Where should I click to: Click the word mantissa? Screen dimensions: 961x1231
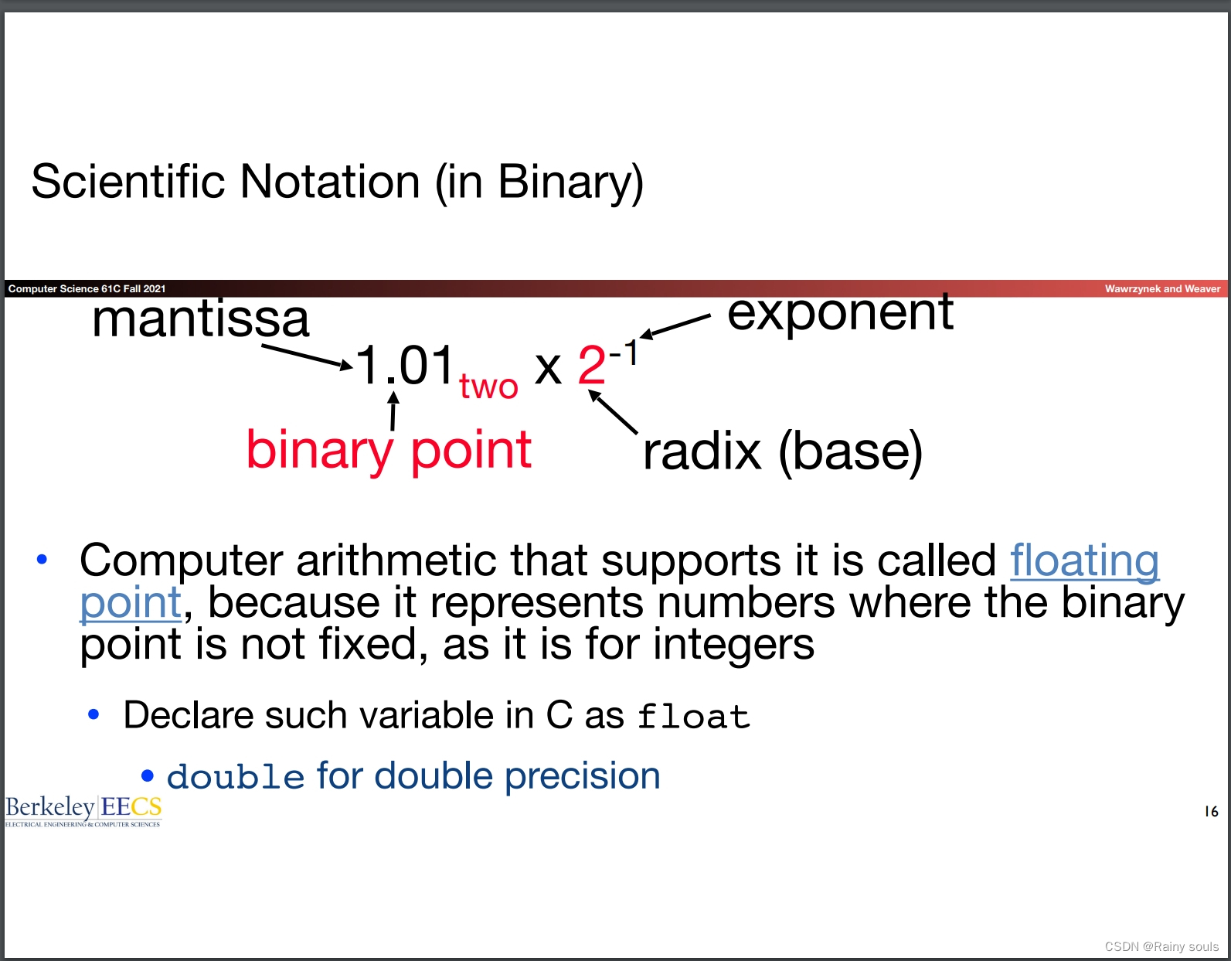(200, 319)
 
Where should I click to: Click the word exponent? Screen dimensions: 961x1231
(840, 313)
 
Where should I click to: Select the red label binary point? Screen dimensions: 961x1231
(389, 450)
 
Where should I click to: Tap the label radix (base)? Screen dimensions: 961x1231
(782, 452)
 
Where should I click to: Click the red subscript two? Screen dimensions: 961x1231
(488, 387)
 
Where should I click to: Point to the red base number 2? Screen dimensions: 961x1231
(592, 365)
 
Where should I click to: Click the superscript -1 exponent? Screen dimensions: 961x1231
(624, 353)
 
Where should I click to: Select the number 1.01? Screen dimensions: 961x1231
(404, 365)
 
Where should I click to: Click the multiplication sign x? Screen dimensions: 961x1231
(548, 368)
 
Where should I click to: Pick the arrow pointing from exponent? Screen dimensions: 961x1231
(675, 325)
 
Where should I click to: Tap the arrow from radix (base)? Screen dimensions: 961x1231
(613, 412)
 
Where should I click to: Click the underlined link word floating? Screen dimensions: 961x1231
(1084, 561)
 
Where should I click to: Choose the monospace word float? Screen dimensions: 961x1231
(693, 717)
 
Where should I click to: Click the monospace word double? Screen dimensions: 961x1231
(236, 777)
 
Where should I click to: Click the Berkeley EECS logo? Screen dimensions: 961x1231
(83, 810)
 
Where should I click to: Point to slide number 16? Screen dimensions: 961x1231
(1211, 811)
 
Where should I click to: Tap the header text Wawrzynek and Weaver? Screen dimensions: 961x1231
(1162, 289)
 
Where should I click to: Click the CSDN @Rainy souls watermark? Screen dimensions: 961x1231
(1161, 946)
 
